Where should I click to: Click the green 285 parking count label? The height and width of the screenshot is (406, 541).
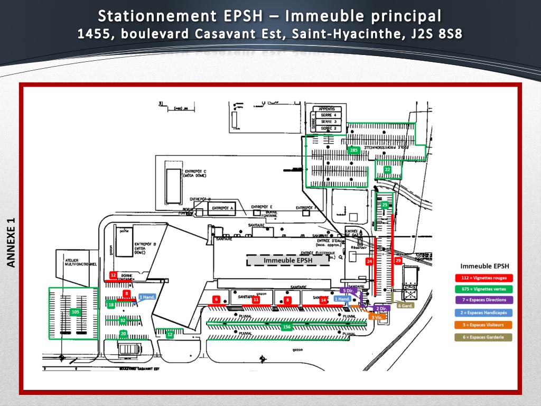[x=354, y=150]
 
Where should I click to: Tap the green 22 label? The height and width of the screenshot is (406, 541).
[x=387, y=169]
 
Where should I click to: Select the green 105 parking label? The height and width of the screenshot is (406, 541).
[x=75, y=312]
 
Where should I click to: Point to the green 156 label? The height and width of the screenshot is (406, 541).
[x=287, y=327]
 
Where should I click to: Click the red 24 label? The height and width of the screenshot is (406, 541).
[x=369, y=261]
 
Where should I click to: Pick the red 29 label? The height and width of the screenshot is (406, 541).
[x=398, y=261]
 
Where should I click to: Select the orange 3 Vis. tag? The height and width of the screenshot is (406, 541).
[x=377, y=317]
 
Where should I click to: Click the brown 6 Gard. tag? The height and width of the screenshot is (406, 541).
[x=405, y=306]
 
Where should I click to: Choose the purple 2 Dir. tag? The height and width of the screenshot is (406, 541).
[x=381, y=308]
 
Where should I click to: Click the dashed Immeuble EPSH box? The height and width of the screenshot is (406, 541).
[x=288, y=260]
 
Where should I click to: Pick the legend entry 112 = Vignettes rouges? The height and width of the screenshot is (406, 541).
[x=484, y=278]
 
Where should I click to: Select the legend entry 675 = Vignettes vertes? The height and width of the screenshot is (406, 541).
[x=484, y=289]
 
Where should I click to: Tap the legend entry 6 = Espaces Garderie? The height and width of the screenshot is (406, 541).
[x=484, y=337]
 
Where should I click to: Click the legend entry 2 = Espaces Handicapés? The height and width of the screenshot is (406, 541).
[x=484, y=313]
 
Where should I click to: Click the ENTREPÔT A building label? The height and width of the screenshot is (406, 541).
[x=222, y=208]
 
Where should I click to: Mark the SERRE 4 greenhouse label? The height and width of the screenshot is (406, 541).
[x=329, y=115]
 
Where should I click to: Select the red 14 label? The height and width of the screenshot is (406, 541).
[x=323, y=300]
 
